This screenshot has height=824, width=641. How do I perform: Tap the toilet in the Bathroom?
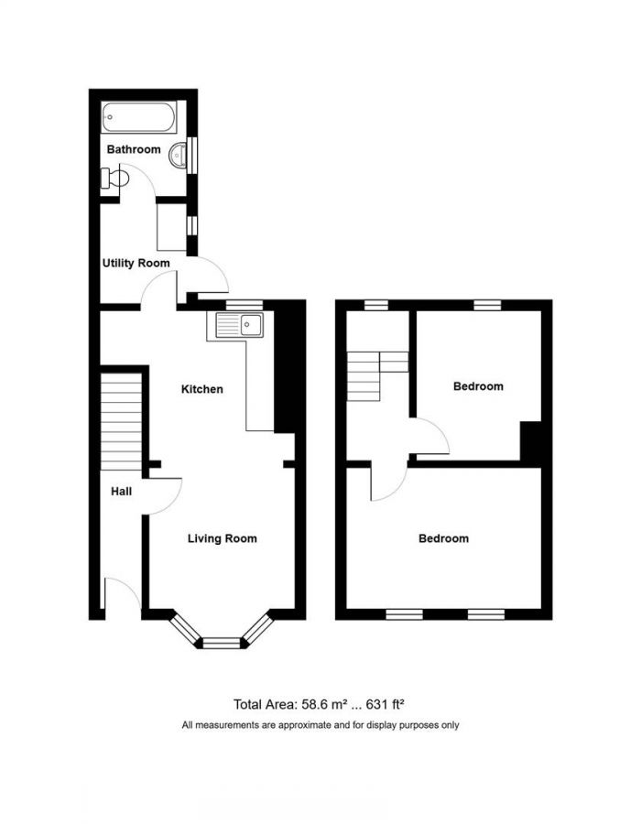point(113,178)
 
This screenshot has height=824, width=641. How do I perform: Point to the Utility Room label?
point(136,263)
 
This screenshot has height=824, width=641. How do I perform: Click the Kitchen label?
point(201,389)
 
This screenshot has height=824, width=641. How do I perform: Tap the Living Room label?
point(222,538)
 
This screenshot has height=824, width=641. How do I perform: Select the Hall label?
point(121,492)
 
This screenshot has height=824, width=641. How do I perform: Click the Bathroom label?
point(134,149)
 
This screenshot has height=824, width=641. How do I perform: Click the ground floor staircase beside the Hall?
point(122,419)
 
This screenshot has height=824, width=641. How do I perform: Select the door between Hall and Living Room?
point(165,495)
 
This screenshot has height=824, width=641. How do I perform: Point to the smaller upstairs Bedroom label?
point(478,386)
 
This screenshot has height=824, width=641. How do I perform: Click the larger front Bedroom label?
point(443,538)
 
